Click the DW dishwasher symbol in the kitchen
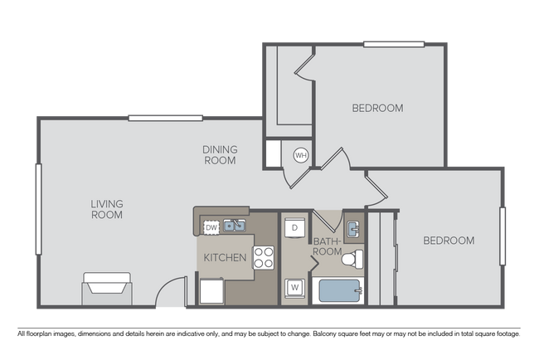tap(211, 226)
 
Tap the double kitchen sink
tap(234, 226)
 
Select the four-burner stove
tap(264, 258)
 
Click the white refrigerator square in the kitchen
tap(212, 291)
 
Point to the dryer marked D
tap(294, 227)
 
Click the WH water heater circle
tap(301, 154)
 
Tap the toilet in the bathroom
tap(352, 259)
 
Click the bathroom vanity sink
tap(352, 227)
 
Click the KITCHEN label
tap(226, 258)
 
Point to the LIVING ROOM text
tap(107, 209)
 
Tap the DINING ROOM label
tap(221, 155)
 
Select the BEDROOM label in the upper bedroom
tap(377, 108)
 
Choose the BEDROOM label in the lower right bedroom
tap(449, 241)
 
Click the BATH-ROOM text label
tap(327, 246)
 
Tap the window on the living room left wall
tap(37, 209)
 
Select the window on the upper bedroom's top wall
tap(394, 43)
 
